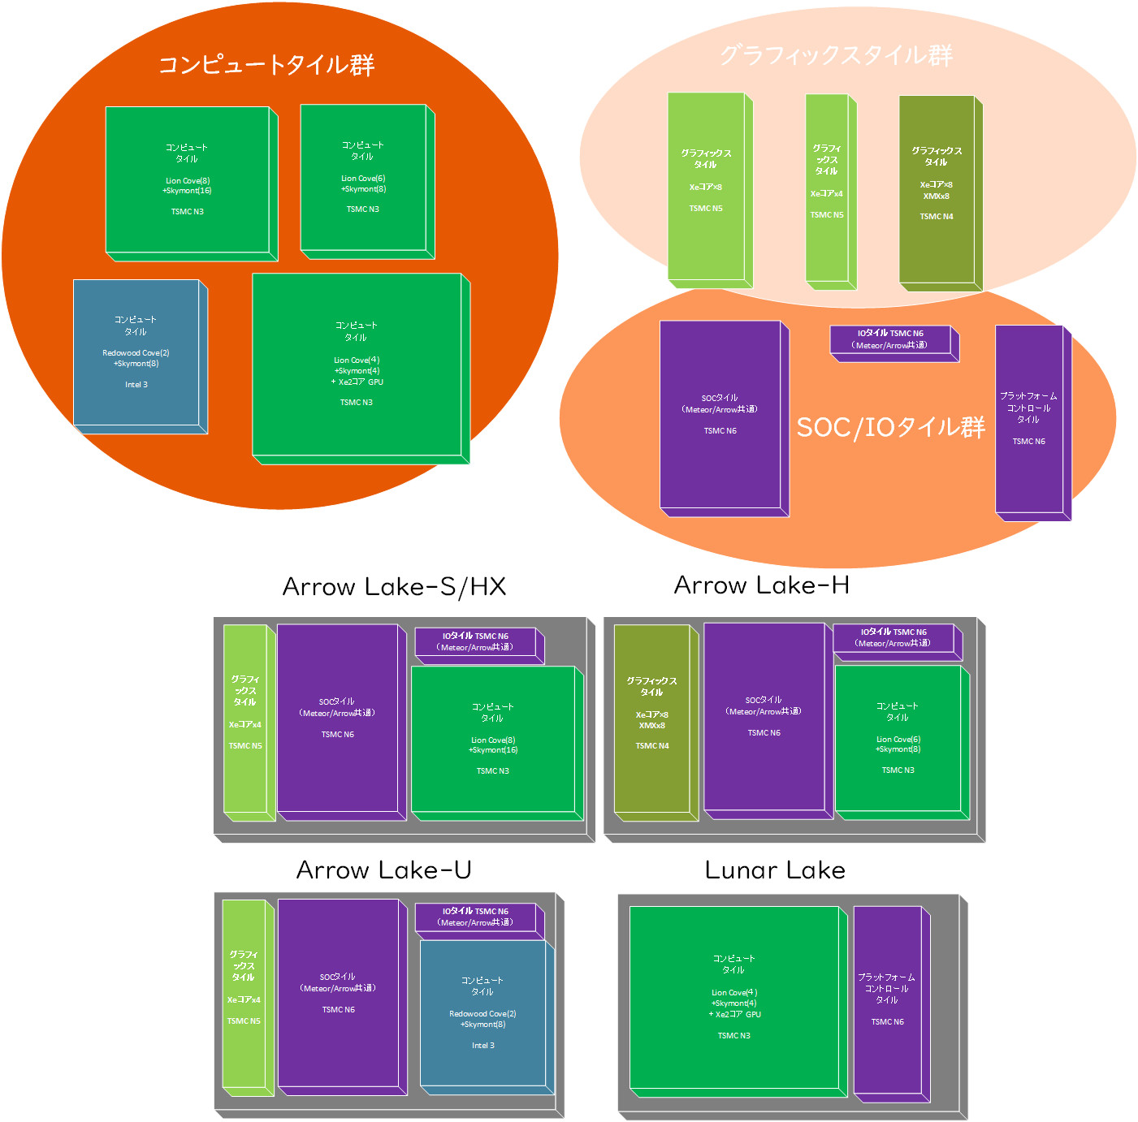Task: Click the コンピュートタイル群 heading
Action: coord(266,64)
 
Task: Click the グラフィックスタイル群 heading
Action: coord(836,55)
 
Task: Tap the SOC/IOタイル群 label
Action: coord(890,427)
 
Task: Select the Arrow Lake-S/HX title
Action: coord(394,586)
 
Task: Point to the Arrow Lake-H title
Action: coord(761,585)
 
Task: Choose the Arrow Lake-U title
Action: coord(383,870)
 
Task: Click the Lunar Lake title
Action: coord(775,870)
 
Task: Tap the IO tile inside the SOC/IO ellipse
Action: coord(890,339)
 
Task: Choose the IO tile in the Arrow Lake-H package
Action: coord(894,637)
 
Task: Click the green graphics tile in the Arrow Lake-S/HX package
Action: coord(244,718)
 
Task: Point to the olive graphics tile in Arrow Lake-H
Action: coord(651,718)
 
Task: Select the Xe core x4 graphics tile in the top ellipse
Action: coord(826,187)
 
